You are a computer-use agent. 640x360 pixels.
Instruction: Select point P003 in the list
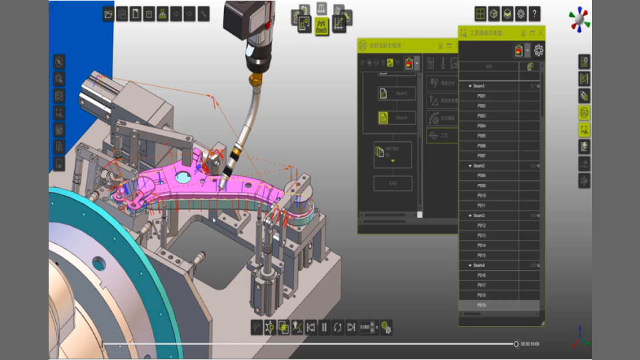(x=482, y=116)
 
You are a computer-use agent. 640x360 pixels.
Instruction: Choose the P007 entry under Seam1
(x=482, y=155)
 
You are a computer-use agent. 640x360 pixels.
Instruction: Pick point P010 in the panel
(x=482, y=195)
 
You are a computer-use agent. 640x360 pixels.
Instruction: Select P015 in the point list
(x=482, y=255)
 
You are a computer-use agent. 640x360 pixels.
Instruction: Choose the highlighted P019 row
(x=482, y=305)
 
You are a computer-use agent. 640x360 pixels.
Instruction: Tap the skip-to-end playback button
(x=351, y=327)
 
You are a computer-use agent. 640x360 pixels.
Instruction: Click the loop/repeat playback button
(x=338, y=327)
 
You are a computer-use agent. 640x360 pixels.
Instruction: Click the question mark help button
(x=535, y=14)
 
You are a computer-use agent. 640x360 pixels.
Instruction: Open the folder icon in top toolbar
(x=109, y=13)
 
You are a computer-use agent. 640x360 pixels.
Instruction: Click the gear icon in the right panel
(x=539, y=50)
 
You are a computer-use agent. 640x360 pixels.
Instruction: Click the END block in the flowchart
(x=393, y=183)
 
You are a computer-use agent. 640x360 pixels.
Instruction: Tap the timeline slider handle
(x=516, y=344)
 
